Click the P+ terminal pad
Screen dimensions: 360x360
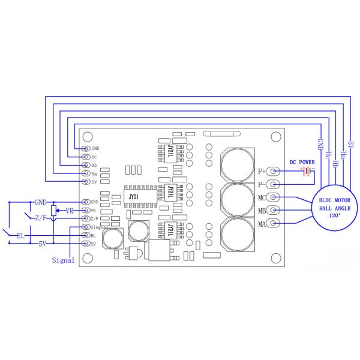(273, 171)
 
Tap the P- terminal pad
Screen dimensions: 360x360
(273, 184)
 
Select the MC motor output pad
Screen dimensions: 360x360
(273, 197)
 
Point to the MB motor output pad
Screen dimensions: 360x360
(273, 211)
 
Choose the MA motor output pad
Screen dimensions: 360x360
(273, 224)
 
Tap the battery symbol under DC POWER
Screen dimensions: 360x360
(308, 172)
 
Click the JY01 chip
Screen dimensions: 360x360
(134, 196)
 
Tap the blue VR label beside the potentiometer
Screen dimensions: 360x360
(70, 211)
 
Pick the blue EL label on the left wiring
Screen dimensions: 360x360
(20, 236)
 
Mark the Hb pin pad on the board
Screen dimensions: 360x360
(85, 165)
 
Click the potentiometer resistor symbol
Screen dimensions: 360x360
(54, 211)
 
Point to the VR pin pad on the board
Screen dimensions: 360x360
(85, 211)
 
